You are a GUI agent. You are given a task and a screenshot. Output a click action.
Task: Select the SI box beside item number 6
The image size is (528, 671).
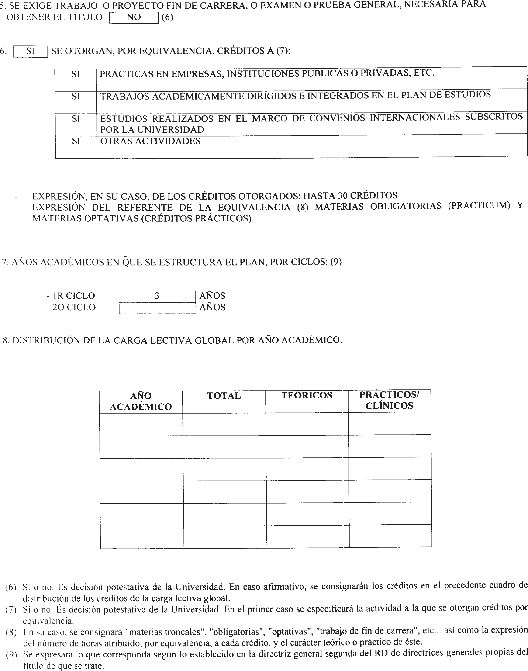tap(30, 51)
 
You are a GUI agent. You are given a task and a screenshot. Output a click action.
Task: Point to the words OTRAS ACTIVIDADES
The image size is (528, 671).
tap(150, 141)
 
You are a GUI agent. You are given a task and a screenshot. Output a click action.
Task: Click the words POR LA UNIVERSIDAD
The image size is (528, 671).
tap(152, 130)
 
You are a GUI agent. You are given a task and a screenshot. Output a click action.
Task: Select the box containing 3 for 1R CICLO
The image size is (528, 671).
tap(157, 296)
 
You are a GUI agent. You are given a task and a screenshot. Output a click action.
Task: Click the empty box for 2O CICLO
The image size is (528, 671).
tap(157, 308)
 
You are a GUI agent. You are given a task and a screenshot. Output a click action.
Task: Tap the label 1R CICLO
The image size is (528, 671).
tap(71, 296)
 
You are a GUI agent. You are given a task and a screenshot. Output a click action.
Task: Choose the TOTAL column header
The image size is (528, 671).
tap(224, 396)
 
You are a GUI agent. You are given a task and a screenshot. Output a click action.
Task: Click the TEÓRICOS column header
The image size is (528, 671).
tap(307, 395)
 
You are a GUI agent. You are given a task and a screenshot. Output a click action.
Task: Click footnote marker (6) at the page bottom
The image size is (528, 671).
tap(11, 588)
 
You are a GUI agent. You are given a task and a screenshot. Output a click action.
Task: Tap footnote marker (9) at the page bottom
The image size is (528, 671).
tap(11, 655)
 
